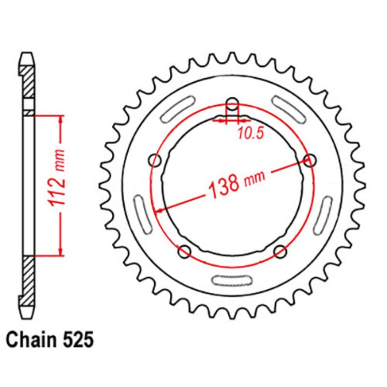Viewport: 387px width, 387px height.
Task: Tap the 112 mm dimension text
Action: click(58, 178)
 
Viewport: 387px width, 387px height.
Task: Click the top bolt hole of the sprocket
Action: click(233, 104)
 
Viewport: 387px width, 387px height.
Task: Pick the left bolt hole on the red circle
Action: click(155, 161)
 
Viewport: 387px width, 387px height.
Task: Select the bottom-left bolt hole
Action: click(185, 252)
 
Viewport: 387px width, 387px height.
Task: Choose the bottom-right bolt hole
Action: click(281, 252)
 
